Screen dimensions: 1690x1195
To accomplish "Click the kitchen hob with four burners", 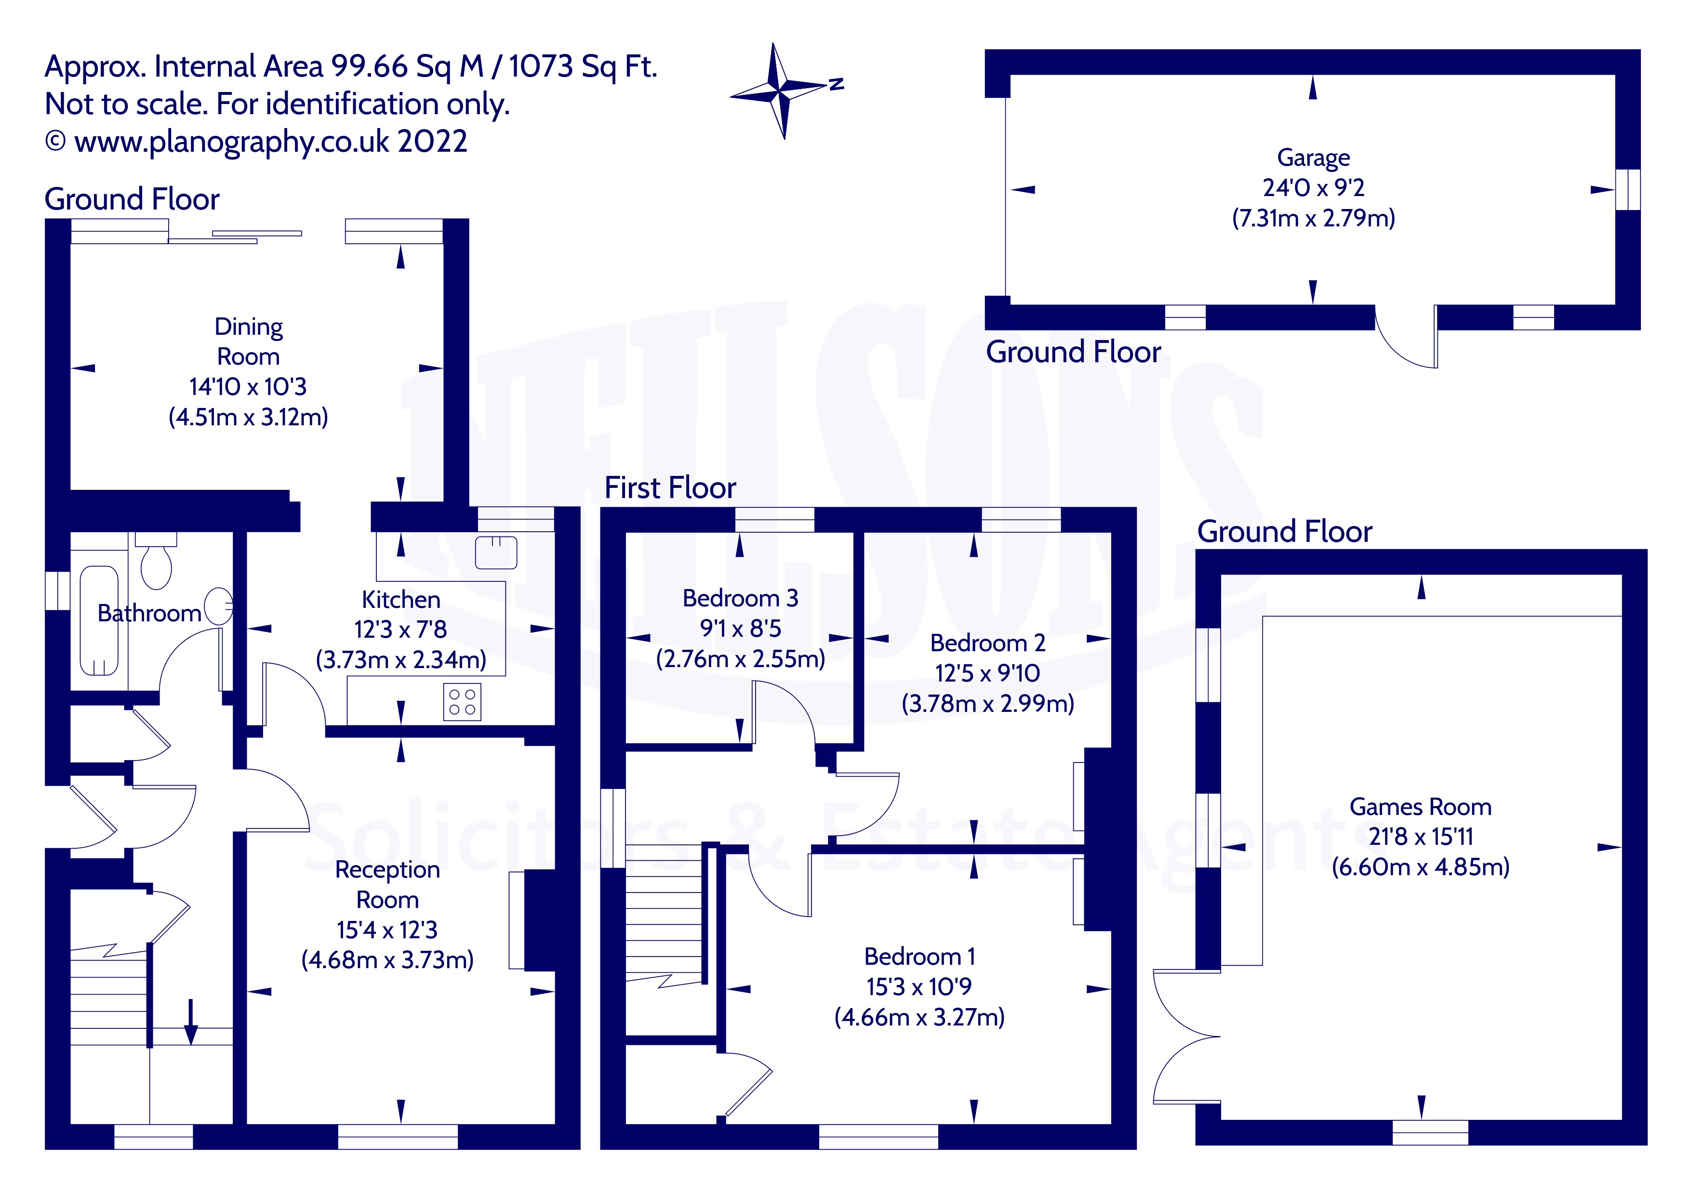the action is point(462,701).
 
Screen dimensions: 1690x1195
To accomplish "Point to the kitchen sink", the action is point(496,552).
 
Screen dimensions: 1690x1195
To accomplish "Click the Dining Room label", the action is point(248,341).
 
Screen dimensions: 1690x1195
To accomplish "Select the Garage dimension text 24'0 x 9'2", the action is point(1313,188).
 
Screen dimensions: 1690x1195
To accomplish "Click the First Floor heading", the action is point(670,488).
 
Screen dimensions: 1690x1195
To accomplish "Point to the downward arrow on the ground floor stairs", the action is point(191,1021).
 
